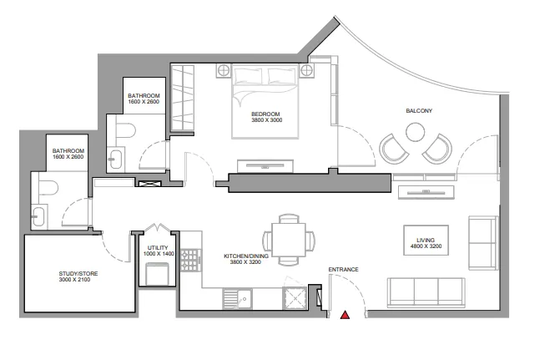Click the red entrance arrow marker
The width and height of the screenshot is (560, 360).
[x=344, y=315]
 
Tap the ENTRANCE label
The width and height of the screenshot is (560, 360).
[x=343, y=269]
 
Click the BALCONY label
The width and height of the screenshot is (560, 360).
[x=419, y=110]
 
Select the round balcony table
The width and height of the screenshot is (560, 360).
[x=415, y=131]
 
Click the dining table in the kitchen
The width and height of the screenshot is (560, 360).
[x=288, y=239]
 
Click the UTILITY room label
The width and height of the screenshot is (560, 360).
[x=158, y=248]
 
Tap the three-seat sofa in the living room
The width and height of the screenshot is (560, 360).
[x=426, y=290]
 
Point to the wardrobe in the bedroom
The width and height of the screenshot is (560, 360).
[x=182, y=98]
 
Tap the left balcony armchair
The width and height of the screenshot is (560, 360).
[x=393, y=149]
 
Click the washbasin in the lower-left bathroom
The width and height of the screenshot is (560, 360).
[x=38, y=216]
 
